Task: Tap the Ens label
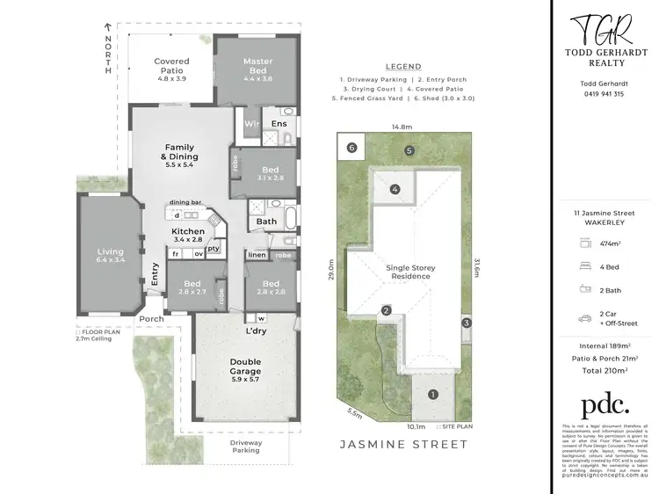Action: [279, 124]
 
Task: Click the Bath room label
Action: [266, 222]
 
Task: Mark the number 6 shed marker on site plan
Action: [351, 149]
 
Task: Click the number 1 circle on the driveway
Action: [431, 395]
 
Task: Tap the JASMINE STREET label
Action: [403, 444]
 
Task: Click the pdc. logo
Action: [606, 404]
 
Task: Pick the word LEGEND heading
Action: [403, 67]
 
